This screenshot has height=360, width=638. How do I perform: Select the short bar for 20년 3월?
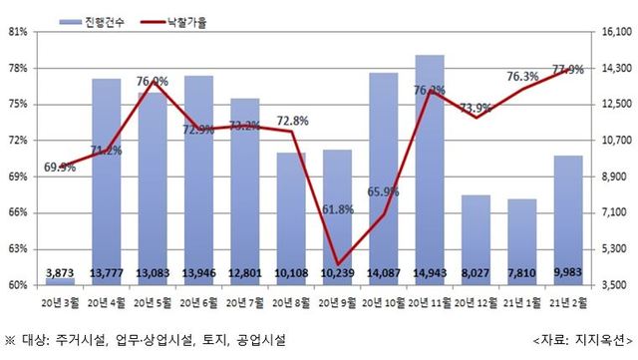click(x=60, y=280)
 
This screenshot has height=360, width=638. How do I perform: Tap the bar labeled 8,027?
click(x=476, y=239)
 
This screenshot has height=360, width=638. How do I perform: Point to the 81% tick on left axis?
click(x=17, y=32)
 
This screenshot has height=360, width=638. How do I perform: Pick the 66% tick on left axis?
click(x=17, y=213)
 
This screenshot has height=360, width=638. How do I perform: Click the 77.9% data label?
click(x=567, y=69)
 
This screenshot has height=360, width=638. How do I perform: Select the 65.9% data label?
click(x=384, y=191)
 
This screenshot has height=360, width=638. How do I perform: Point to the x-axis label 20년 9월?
click(x=338, y=299)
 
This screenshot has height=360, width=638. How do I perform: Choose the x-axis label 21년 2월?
click(x=568, y=299)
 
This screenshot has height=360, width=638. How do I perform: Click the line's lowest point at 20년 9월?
click(x=338, y=264)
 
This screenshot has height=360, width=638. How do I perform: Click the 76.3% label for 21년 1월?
click(x=522, y=76)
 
